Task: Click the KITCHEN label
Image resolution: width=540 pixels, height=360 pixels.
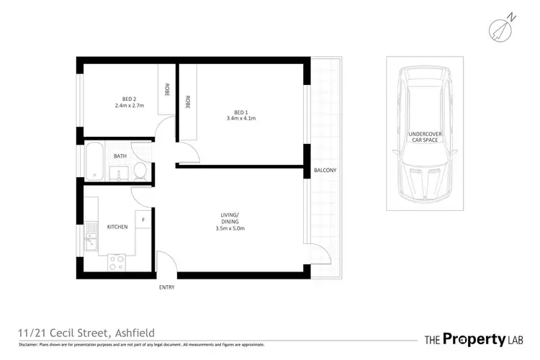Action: coord(117,227)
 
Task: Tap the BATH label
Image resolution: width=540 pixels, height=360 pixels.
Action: coord(120,156)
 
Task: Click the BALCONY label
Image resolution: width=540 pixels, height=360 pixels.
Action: coord(325,171)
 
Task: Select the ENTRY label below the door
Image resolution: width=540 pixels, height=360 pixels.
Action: coord(166,287)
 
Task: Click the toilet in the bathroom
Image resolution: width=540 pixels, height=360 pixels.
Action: coord(140,171)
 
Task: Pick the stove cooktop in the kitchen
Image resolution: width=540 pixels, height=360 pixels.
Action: coord(117,263)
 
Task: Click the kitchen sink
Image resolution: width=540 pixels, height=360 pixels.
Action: coord(90,238)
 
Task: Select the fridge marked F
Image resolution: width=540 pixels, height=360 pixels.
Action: coord(143,220)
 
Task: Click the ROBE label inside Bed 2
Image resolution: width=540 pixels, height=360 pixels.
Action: coord(167,90)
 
